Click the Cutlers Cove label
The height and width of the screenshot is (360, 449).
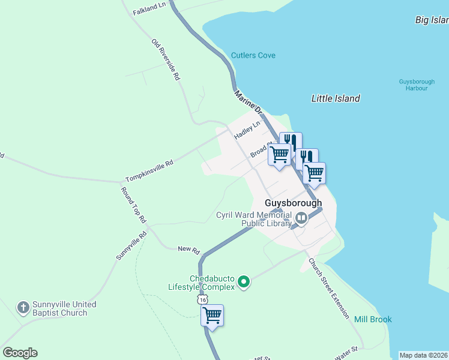coord(253,56)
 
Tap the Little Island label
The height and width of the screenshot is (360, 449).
coord(336,98)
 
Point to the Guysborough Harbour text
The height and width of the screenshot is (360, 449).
coord(414,85)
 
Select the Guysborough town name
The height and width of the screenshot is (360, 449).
coord(294,203)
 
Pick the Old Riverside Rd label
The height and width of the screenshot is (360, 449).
coord(166,60)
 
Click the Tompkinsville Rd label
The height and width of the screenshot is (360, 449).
coord(149,171)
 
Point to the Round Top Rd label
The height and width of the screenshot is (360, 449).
coord(134,206)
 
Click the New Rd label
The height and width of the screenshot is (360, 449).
coord(188,249)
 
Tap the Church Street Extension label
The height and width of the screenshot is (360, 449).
coord(328,287)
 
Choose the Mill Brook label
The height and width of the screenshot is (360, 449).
coord(373,319)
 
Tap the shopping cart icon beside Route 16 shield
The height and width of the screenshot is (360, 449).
coord(212,315)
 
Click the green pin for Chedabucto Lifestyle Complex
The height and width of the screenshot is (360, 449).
coord(243,281)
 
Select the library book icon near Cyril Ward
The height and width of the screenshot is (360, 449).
coord(301,220)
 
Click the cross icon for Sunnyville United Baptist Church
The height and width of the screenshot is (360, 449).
coord(23,308)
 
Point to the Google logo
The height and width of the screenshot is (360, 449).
coord(20,353)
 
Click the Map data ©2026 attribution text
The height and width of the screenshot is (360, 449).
coord(423,355)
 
